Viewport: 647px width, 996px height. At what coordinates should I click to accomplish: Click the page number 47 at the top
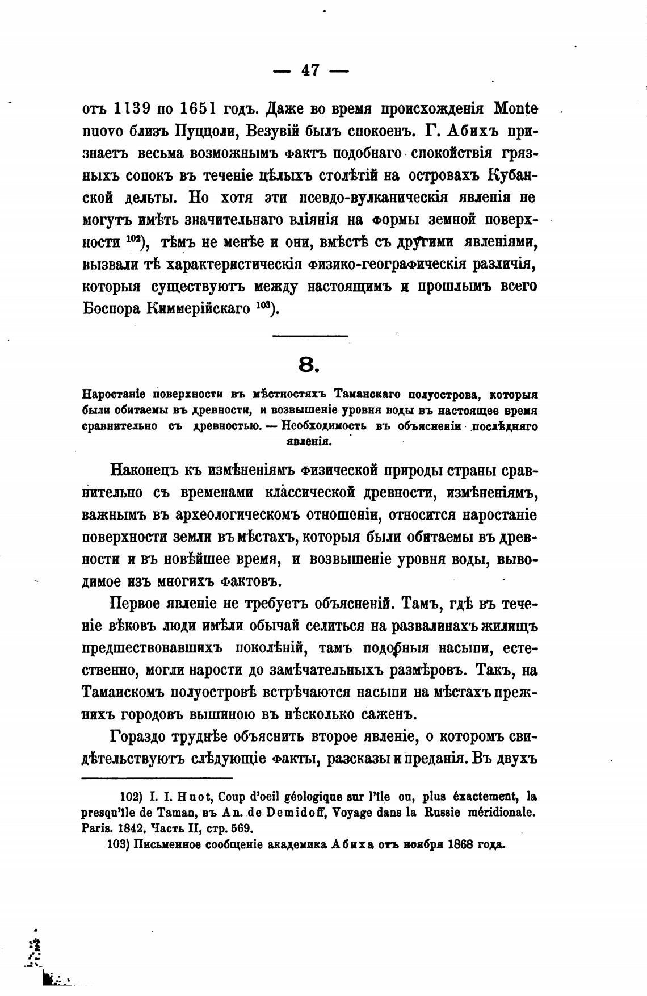pyautogui.click(x=310, y=70)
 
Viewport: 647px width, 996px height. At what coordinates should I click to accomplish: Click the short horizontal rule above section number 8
pyautogui.click(x=310, y=336)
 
